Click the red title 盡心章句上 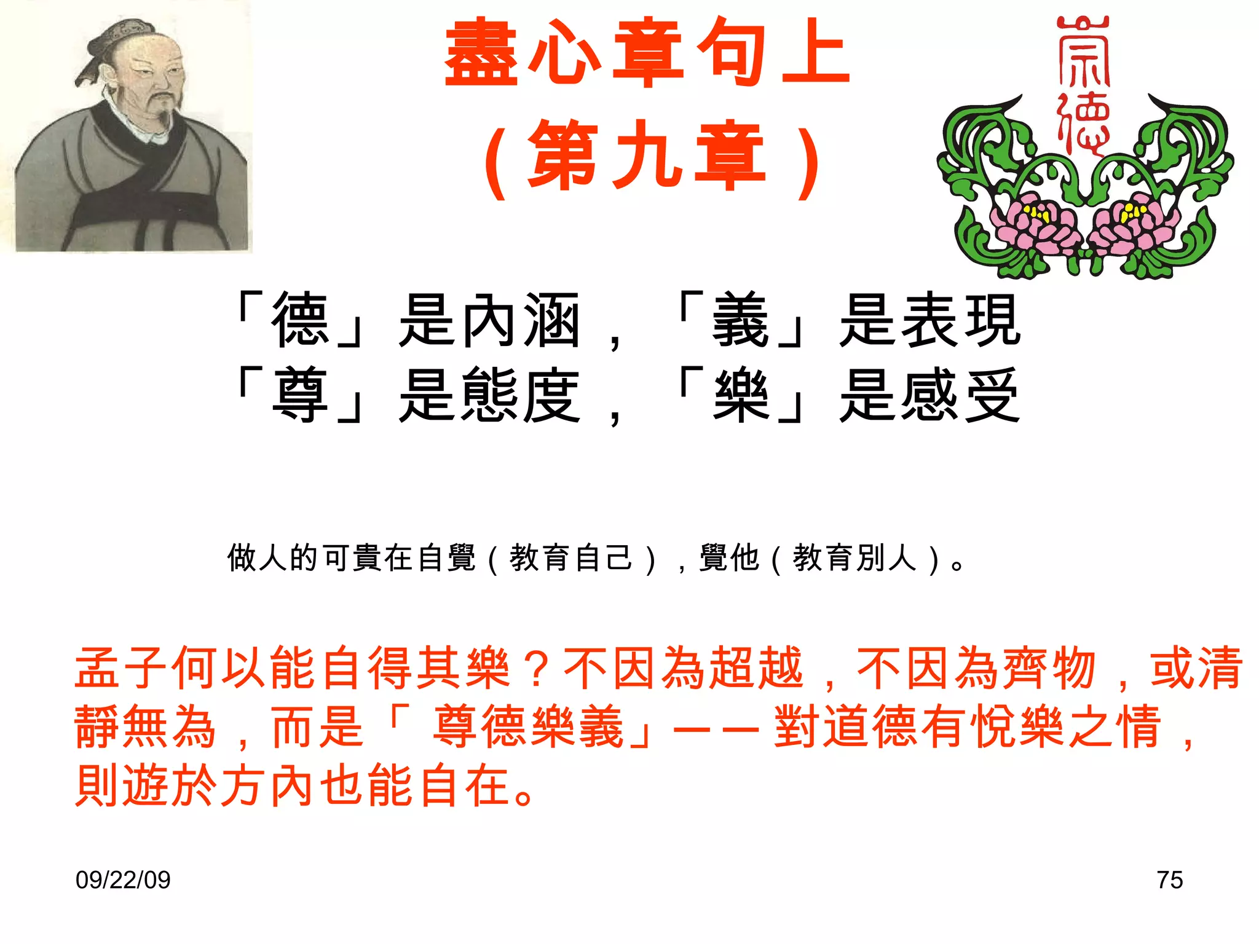[x=647, y=53]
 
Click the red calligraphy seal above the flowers [x=1083, y=83]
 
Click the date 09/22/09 [x=123, y=879]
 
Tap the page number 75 [x=1169, y=879]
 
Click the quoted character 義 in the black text [x=740, y=320]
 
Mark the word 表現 [x=960, y=320]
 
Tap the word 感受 [x=960, y=395]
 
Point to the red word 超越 [x=756, y=667]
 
